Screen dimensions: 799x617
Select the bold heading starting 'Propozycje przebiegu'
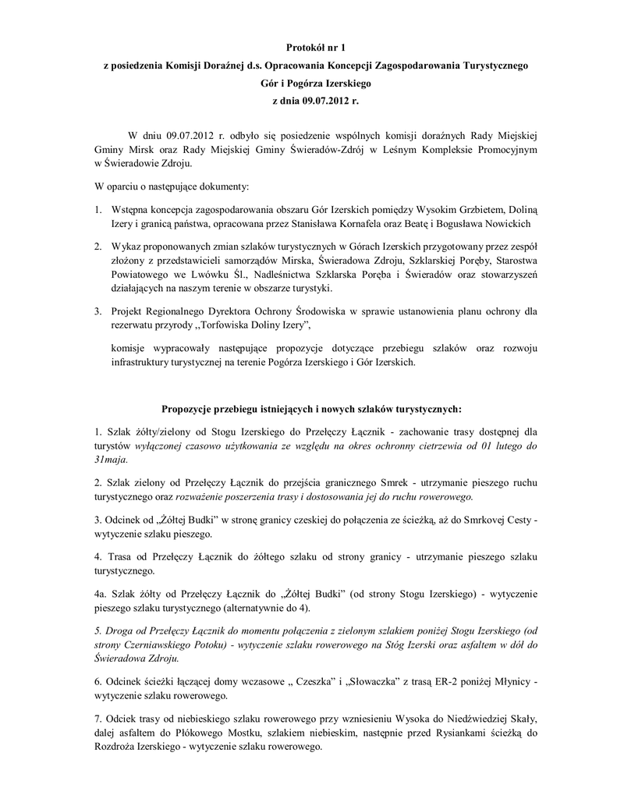[311, 408]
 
